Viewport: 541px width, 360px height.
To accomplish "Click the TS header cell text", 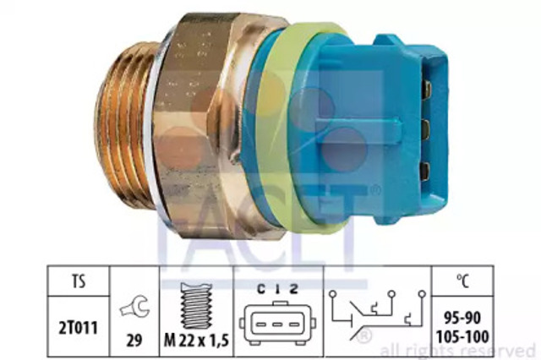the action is (79, 282).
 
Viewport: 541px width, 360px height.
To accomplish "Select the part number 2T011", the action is (79, 327).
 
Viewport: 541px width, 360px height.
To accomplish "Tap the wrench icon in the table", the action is (135, 306).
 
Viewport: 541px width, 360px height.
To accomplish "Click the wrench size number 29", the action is (134, 341).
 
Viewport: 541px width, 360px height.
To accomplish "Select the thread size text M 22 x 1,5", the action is (196, 341).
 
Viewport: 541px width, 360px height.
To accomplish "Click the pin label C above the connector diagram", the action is (261, 289).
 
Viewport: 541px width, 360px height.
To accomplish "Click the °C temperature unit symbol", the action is (462, 281).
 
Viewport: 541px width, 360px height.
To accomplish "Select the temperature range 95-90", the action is (462, 319).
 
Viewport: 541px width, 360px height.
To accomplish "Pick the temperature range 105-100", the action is (462, 336).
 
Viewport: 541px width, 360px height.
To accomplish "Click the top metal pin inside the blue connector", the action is (427, 89).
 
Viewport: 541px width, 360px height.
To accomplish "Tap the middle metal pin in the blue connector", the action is (426, 128).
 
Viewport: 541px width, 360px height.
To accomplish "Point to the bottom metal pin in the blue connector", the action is (425, 171).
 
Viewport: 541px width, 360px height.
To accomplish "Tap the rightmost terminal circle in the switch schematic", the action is (422, 294).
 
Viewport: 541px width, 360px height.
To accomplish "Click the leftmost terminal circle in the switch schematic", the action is (332, 294).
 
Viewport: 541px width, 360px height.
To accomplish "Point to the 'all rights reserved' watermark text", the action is (457, 351).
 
